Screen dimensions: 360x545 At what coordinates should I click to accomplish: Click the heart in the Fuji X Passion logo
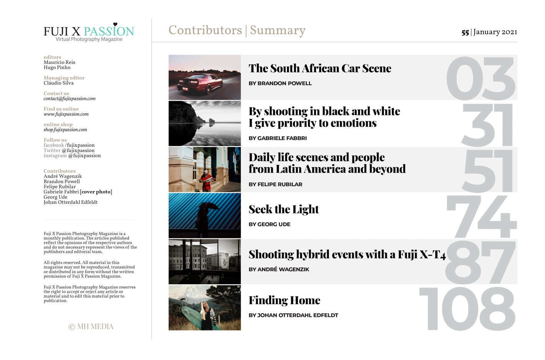(115, 24)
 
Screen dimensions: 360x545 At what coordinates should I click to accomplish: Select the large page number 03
(480, 78)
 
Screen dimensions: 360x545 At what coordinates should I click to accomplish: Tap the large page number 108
(467, 309)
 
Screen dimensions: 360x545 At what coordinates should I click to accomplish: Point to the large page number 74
(482, 217)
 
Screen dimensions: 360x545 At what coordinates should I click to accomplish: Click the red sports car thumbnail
(205, 77)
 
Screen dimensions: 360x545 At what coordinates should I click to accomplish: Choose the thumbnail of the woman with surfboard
(205, 308)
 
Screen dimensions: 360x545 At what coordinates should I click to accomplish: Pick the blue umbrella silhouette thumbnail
(205, 215)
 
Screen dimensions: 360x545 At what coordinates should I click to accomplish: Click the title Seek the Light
(283, 209)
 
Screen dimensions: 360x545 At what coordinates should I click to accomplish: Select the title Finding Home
(284, 300)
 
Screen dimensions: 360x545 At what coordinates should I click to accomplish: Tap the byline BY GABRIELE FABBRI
(277, 138)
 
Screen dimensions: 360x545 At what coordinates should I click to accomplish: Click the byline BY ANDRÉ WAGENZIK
(279, 269)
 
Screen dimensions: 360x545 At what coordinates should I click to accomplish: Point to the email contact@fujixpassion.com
(69, 99)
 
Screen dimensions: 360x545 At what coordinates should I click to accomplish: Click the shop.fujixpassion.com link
(65, 130)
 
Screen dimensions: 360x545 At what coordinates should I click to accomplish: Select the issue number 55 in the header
(465, 33)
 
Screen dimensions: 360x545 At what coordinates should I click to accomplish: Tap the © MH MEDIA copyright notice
(91, 327)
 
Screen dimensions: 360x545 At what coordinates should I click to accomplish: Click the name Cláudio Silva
(58, 83)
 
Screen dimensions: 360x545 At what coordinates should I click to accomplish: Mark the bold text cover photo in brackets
(96, 192)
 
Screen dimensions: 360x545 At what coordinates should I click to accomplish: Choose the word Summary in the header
(278, 30)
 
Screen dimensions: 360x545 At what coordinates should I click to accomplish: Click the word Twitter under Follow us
(52, 151)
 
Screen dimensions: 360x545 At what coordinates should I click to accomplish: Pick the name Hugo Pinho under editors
(57, 68)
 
